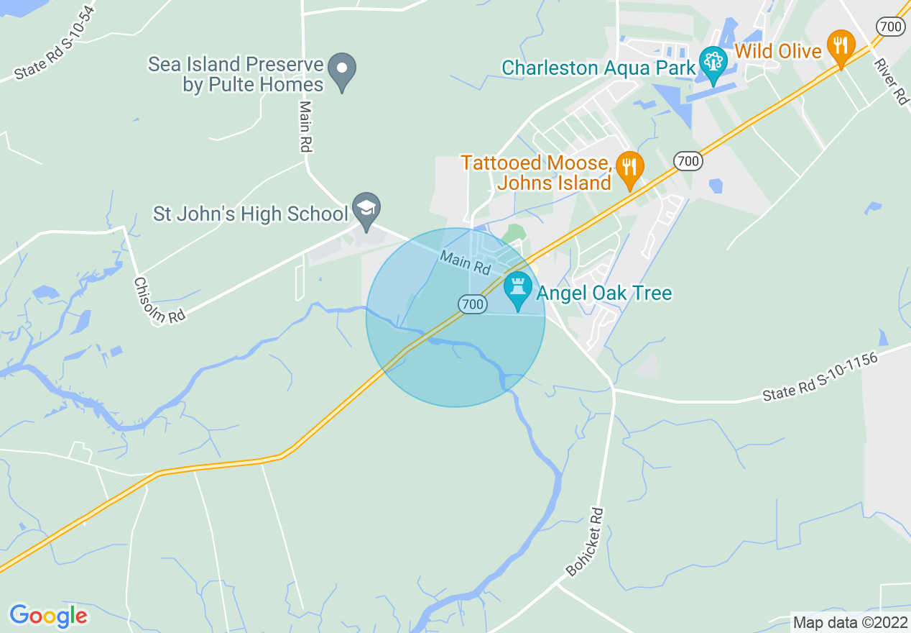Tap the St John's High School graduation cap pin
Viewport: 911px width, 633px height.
[x=366, y=210]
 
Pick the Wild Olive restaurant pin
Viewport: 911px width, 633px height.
[x=840, y=46]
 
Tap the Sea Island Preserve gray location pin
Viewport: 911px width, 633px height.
[x=342, y=71]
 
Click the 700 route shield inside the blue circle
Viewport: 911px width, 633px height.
[x=473, y=305]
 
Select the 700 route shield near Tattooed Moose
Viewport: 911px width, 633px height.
[x=688, y=161]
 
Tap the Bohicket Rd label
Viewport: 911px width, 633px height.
[x=586, y=542]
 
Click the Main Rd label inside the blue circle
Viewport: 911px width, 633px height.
[x=465, y=263]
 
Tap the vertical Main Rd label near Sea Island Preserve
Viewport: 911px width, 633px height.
[x=305, y=126]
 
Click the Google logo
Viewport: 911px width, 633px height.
[x=49, y=616]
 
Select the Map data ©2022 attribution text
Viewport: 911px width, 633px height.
[x=850, y=622]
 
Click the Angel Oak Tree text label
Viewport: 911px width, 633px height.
[x=604, y=293]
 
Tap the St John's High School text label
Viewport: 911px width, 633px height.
[x=251, y=214]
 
